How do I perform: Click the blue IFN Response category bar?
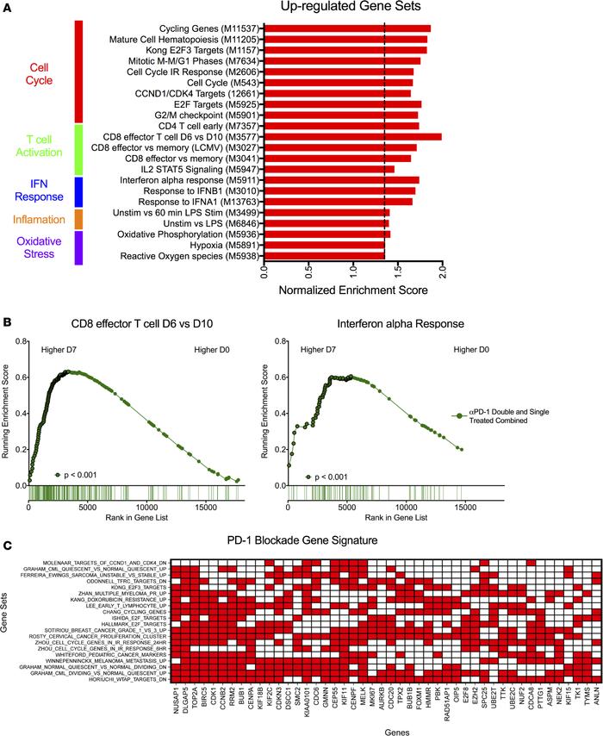[x=78, y=191]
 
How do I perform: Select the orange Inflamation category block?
[x=78, y=219]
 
